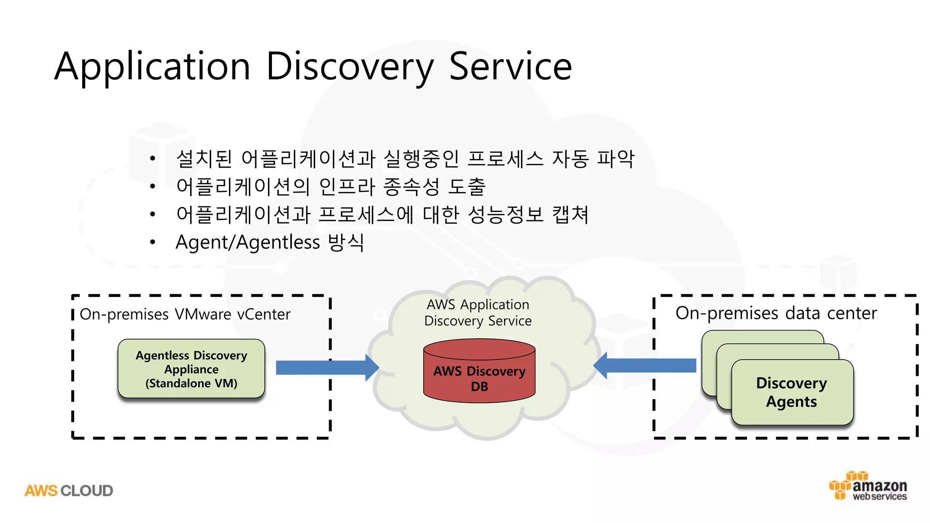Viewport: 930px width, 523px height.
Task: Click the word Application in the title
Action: point(153,67)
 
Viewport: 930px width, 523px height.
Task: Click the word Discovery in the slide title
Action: point(350,67)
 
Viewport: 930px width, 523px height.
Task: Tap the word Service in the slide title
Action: point(510,67)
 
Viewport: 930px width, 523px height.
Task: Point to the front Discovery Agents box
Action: point(792,392)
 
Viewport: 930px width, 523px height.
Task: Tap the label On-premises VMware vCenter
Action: point(185,314)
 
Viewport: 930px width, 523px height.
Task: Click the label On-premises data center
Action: point(776,313)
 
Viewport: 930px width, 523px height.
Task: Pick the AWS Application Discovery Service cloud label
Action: point(478,312)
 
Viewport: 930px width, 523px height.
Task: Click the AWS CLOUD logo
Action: point(69,491)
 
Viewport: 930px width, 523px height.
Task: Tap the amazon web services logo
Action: point(868,487)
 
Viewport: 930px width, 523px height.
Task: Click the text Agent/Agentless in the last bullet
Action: point(247,242)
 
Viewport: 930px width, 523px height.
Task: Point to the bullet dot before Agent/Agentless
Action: point(153,242)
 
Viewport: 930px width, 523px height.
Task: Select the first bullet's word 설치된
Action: point(204,158)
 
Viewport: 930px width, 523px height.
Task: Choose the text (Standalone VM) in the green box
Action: point(191,384)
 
